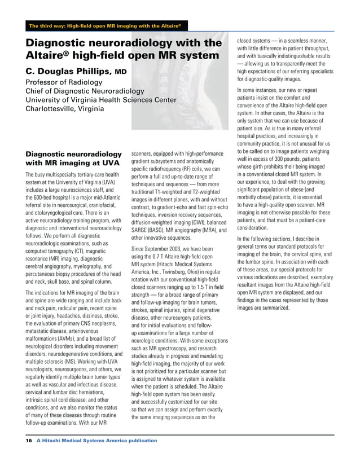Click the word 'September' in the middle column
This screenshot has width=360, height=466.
click(x=159, y=249)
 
